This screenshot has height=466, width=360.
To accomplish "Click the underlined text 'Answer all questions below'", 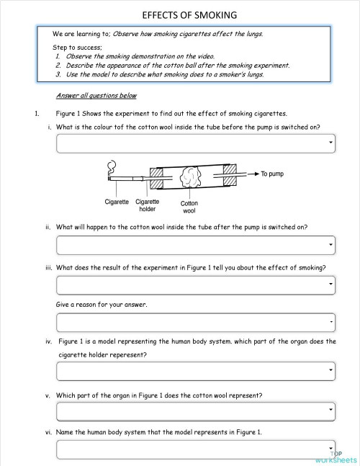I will [x=96, y=96].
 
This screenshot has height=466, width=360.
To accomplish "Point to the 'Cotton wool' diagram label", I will [x=189, y=207].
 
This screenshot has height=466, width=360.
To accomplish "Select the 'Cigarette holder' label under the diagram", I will [x=147, y=206].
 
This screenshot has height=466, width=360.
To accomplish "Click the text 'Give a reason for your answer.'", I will [x=101, y=305].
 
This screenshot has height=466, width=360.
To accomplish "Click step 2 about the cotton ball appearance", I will [x=177, y=65].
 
